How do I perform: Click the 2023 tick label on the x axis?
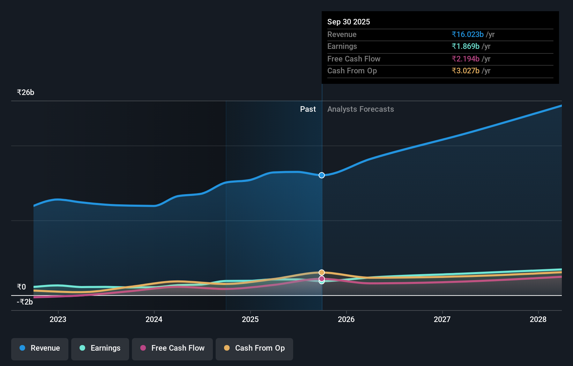click(x=58, y=319)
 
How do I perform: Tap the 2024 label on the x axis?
click(x=154, y=319)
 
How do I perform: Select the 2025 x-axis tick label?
click(x=250, y=319)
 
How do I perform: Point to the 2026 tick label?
click(x=346, y=319)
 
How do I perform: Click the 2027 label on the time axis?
click(x=442, y=319)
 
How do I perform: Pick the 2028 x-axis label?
click(x=538, y=319)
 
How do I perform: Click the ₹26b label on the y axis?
click(x=25, y=93)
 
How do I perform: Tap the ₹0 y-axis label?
click(x=21, y=287)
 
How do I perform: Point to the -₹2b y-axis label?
click(x=25, y=302)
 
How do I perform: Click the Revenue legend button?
click(x=40, y=348)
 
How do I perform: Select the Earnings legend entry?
click(x=100, y=348)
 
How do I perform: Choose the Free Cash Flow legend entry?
click(x=172, y=348)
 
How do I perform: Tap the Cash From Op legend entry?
click(x=254, y=348)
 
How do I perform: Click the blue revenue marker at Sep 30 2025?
click(x=322, y=175)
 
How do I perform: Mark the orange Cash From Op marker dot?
click(x=322, y=272)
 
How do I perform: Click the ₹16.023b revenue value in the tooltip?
click(x=468, y=35)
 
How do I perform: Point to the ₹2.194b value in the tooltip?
click(x=466, y=59)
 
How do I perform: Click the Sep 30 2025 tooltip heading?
click(x=349, y=22)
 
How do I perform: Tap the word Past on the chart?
click(x=308, y=109)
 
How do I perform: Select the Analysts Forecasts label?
click(x=360, y=109)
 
